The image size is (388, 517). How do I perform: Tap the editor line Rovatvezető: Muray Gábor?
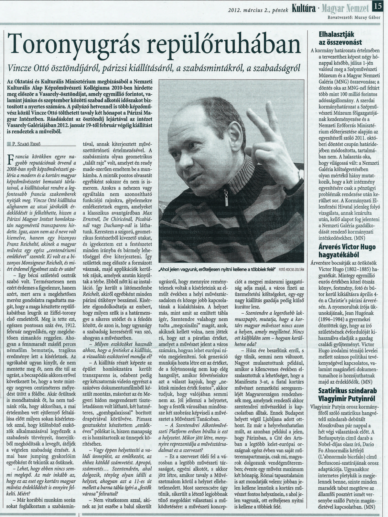pyautogui.click(x=354, y=17)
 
